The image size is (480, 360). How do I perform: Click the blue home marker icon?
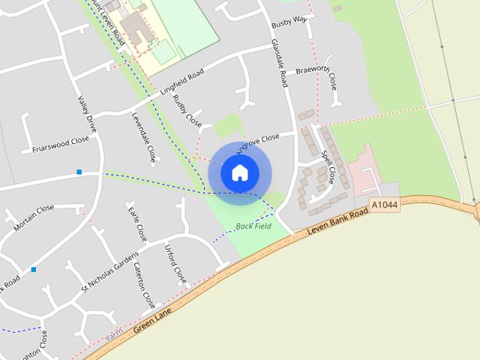[239, 173]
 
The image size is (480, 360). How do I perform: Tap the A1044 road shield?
[384, 205]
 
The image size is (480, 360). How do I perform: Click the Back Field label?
[253, 226]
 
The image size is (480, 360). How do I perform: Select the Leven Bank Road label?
[338, 223]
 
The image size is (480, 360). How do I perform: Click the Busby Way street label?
[289, 19]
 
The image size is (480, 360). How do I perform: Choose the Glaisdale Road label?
[280, 63]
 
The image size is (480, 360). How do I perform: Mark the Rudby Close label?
[187, 109]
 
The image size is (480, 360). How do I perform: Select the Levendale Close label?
[143, 138]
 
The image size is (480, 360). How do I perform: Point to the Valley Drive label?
[88, 115]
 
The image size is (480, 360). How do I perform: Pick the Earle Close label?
[135, 223]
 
